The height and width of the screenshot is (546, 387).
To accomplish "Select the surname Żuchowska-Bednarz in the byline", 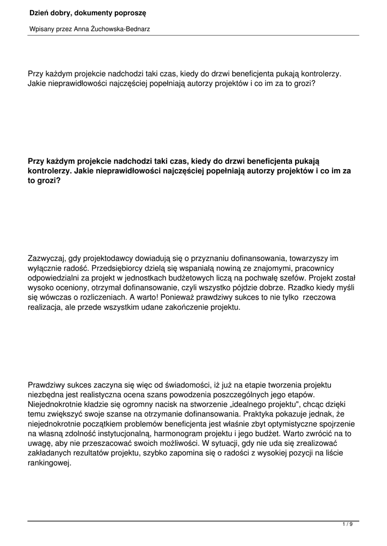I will [119, 29].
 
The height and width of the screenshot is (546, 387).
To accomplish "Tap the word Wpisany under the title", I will [40, 29].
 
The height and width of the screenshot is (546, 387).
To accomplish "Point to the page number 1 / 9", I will [347, 525].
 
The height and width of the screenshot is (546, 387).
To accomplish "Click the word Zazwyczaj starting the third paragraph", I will [47, 259].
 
